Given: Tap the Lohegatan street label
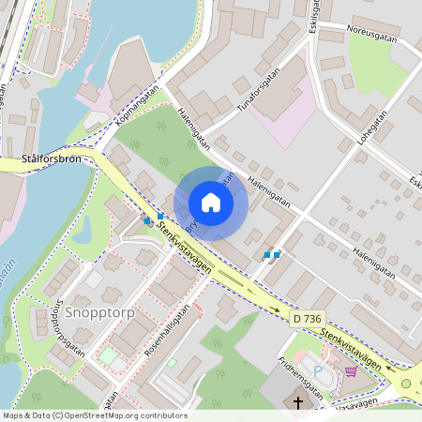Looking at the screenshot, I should point(371,132).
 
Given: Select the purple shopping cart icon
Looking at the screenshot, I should point(351,371).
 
